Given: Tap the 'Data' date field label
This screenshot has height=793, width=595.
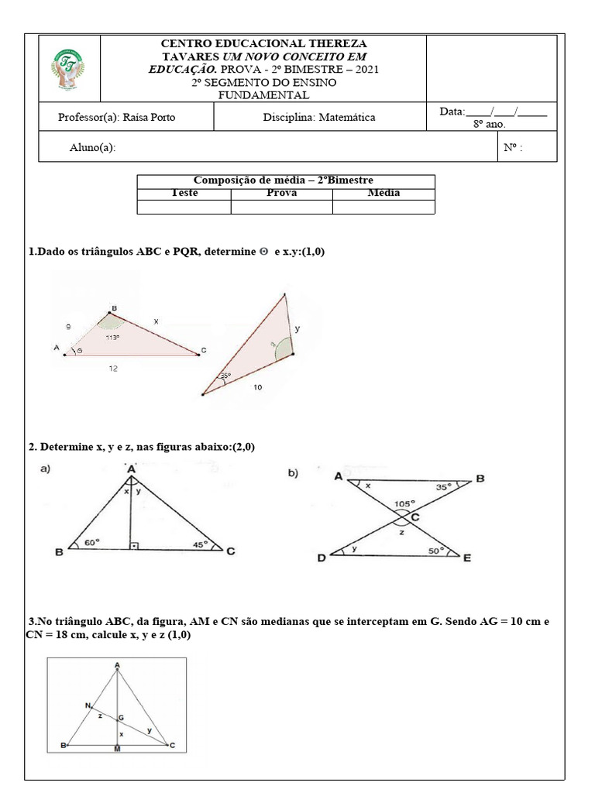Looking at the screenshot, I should click(x=452, y=112).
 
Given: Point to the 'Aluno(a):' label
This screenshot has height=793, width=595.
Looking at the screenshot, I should click(x=92, y=148).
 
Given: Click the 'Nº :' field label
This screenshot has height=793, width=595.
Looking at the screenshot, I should click(x=513, y=148).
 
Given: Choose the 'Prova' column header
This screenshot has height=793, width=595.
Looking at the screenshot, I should click(x=281, y=193).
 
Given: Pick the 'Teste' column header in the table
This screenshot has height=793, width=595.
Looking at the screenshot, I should click(x=184, y=193).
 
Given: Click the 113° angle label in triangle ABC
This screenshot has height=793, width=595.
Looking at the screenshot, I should click(x=112, y=338).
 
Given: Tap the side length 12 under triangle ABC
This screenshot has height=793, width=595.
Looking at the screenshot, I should click(x=113, y=369).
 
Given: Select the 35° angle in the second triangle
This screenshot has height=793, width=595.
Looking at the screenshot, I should click(x=225, y=376).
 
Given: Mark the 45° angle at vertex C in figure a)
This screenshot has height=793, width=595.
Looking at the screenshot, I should click(x=201, y=544).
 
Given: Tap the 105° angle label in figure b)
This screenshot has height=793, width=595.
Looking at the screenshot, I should click(x=404, y=503).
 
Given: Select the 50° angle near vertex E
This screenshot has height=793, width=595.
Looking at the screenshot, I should click(x=436, y=551).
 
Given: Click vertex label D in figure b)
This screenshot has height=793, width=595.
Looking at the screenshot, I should click(x=321, y=558).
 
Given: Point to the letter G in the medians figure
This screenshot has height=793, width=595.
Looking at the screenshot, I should click(x=122, y=718).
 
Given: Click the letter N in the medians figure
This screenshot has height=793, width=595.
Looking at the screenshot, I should click(x=88, y=705).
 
